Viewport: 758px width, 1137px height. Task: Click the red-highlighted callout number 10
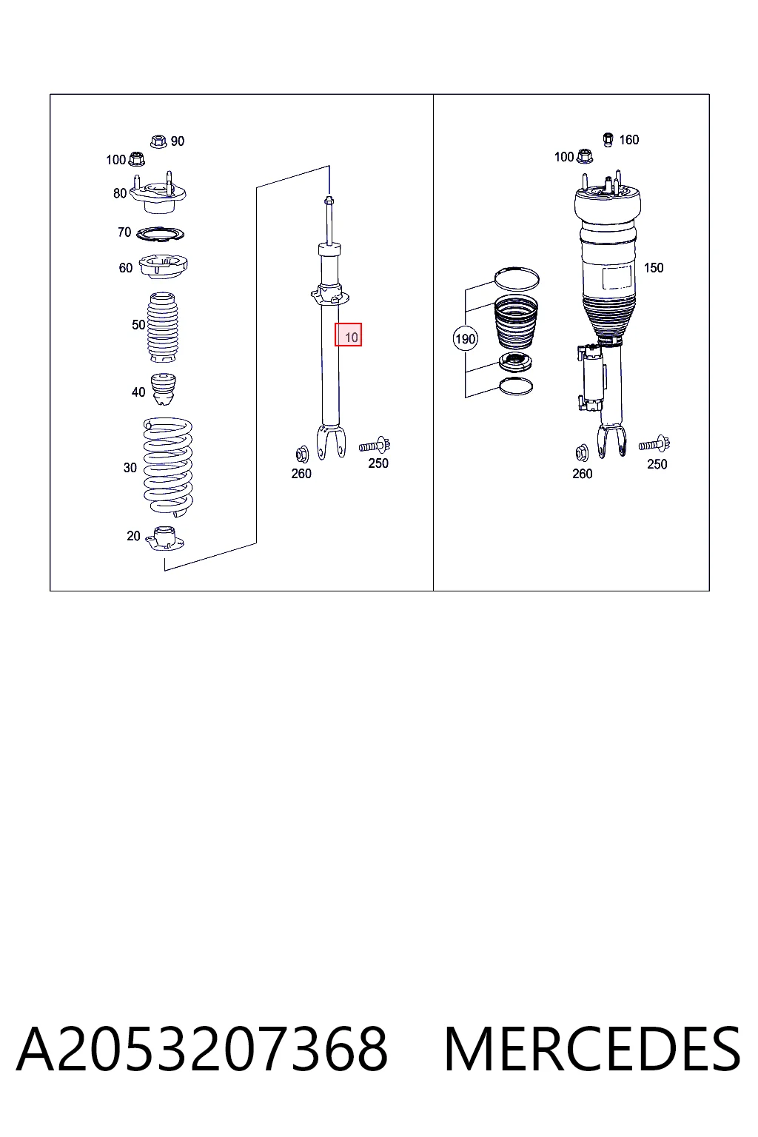point(349,335)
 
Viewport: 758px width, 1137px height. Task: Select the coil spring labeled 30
point(168,467)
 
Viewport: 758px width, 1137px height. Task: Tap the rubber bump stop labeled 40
point(164,389)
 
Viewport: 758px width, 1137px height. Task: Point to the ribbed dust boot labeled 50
point(162,327)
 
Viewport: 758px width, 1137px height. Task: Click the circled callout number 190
point(465,338)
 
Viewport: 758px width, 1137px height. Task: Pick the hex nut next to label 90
point(159,141)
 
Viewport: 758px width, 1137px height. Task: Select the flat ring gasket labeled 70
point(161,233)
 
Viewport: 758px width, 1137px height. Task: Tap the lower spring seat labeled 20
point(164,539)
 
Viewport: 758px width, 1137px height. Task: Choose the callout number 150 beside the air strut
point(654,267)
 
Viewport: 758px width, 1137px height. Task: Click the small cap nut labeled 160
point(608,140)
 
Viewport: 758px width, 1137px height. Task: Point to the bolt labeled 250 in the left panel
point(375,445)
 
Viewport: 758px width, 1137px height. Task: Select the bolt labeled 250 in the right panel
point(654,444)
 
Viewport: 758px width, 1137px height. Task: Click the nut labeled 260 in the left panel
point(301,454)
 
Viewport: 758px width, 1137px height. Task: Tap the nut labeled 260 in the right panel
point(582,453)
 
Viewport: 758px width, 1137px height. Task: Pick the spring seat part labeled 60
point(163,266)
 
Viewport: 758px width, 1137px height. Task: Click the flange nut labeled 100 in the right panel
point(585,156)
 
